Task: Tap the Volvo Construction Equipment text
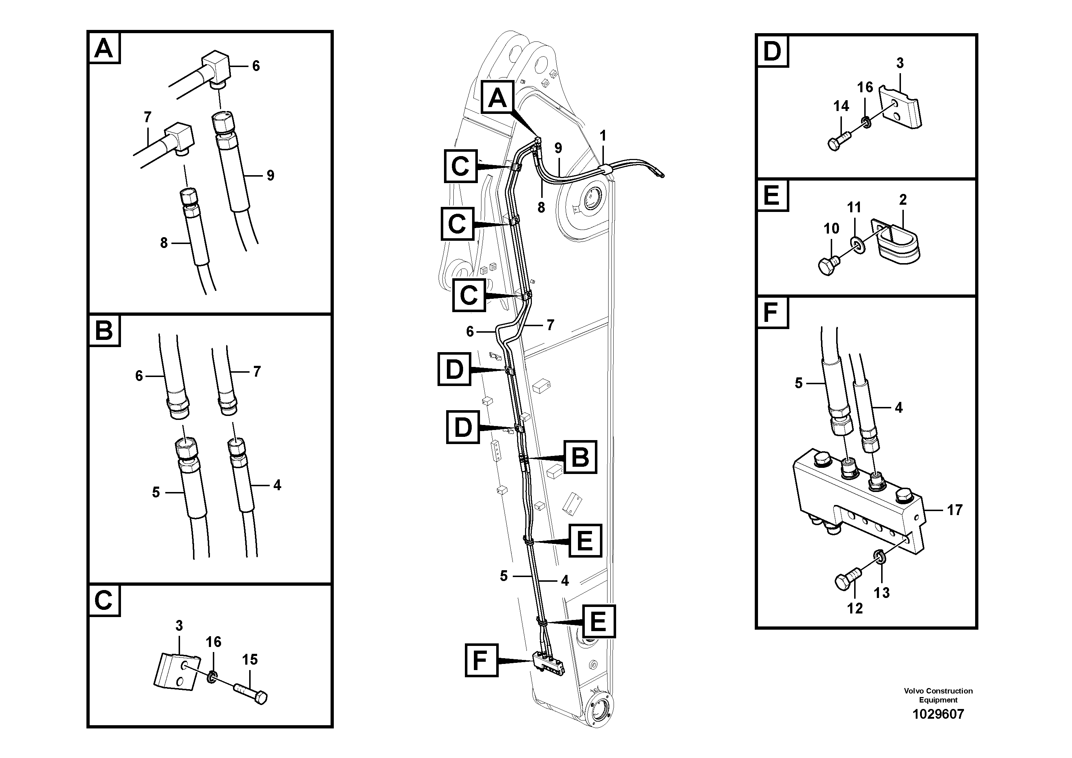click(938, 695)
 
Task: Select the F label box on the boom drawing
click(481, 660)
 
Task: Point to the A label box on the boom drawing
click(497, 97)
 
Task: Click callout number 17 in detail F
click(954, 510)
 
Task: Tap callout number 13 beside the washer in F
click(882, 593)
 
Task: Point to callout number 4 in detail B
click(277, 485)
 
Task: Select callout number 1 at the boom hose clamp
click(603, 136)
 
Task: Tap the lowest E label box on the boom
click(598, 621)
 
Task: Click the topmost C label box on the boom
click(460, 166)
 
